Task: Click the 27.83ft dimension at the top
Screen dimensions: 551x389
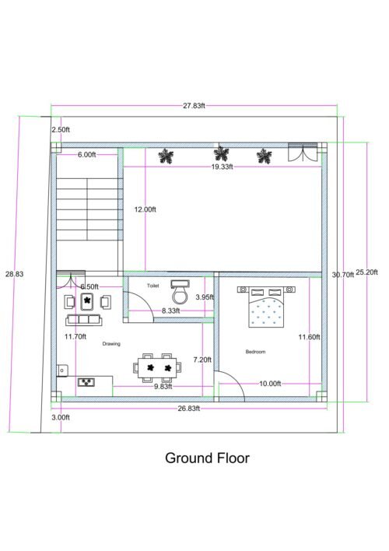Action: click(195, 106)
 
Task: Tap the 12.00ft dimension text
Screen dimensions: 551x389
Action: click(145, 209)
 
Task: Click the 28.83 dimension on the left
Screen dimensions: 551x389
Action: click(14, 274)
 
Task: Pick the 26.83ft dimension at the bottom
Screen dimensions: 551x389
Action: click(188, 408)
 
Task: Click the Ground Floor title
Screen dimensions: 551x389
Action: click(207, 458)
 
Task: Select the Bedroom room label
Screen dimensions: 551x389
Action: click(256, 352)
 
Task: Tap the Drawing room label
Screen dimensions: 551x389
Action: click(110, 342)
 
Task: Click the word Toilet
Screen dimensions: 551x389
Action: click(153, 286)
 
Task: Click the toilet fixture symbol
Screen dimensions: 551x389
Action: click(180, 293)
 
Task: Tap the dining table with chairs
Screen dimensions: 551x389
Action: click(156, 367)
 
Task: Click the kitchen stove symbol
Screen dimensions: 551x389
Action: click(87, 382)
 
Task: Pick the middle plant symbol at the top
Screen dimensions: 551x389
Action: click(222, 153)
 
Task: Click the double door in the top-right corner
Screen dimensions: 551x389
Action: click(303, 153)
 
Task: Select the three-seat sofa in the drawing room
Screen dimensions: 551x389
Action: click(86, 319)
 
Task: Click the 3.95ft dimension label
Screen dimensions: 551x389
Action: click(205, 297)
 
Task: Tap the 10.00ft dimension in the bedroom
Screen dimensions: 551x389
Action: click(270, 384)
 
